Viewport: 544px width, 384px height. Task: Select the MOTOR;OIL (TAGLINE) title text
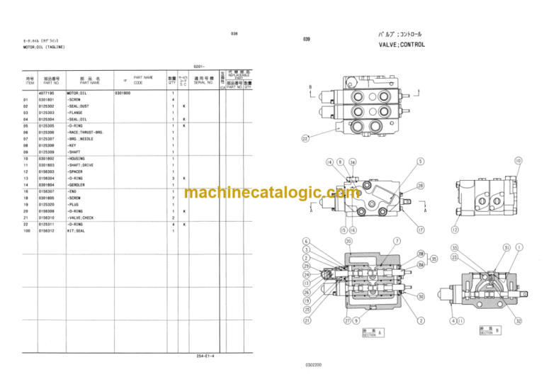tap(44, 47)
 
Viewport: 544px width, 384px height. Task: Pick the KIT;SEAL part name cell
tap(80, 230)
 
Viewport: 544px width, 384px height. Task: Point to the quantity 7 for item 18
tap(173, 198)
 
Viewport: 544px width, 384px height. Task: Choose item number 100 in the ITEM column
tap(27, 230)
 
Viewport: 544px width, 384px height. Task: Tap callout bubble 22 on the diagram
tap(305, 139)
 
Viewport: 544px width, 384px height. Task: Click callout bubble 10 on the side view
tap(518, 162)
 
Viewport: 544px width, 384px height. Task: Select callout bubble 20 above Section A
tap(348, 241)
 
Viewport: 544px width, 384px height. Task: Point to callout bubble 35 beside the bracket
tap(435, 259)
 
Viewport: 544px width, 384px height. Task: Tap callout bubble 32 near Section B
tap(518, 322)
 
